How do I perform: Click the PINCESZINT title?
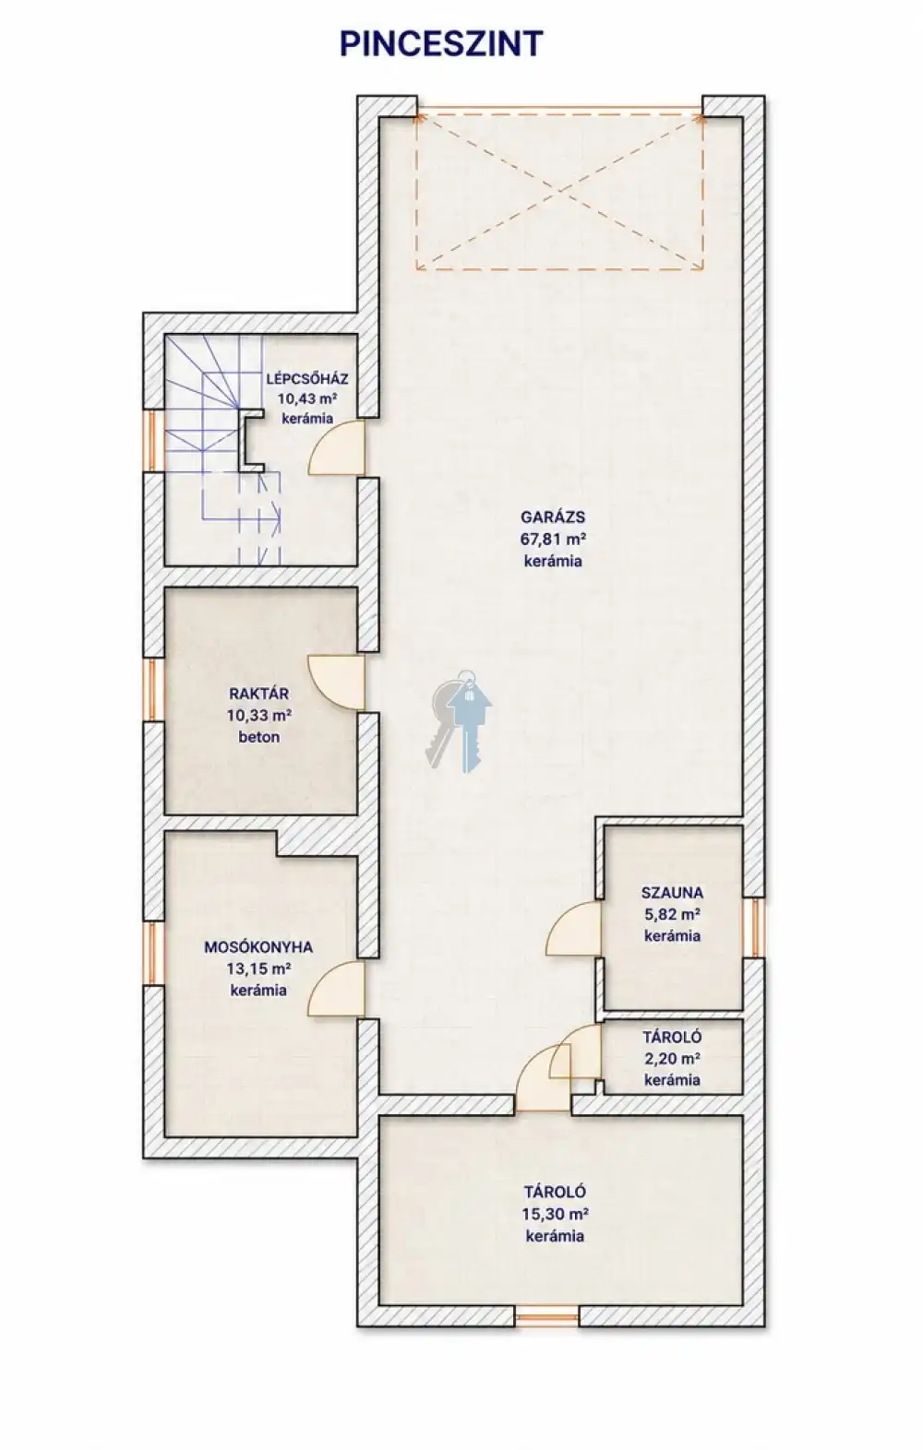pyautogui.click(x=441, y=44)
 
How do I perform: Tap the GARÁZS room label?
pyautogui.click(x=553, y=517)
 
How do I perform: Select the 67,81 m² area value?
pyautogui.click(x=554, y=539)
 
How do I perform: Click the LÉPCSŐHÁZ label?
pyautogui.click(x=307, y=379)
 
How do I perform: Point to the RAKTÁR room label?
pyautogui.click(x=259, y=694)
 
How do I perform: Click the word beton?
pyautogui.click(x=259, y=737)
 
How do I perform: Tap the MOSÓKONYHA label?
pyautogui.click(x=258, y=947)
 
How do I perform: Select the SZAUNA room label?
pyautogui.click(x=672, y=893)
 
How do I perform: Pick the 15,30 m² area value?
pyautogui.click(x=555, y=1214)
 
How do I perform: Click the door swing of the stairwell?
pyautogui.click(x=336, y=447)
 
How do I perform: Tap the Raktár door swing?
pyautogui.click(x=336, y=683)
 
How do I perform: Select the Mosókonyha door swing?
pyautogui.click(x=336, y=989)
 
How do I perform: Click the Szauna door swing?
pyautogui.click(x=574, y=928)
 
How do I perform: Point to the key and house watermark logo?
pyautogui.click(x=459, y=720)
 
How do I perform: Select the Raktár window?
pyautogui.click(x=154, y=690)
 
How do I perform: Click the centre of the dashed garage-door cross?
pyautogui.click(x=559, y=192)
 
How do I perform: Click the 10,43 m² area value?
pyautogui.click(x=307, y=398)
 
